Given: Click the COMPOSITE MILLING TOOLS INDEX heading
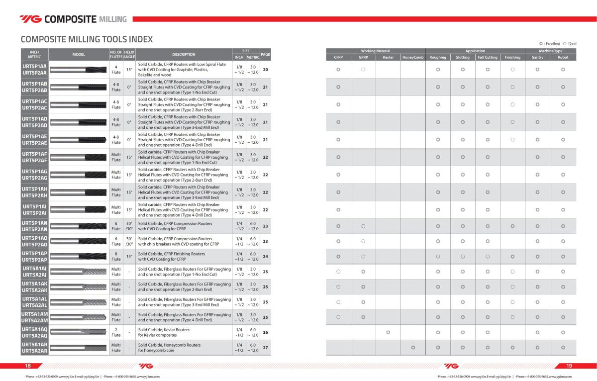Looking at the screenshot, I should tap(87, 39).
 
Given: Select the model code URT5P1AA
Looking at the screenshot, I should tap(34, 66).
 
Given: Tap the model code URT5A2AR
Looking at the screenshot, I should tap(34, 351).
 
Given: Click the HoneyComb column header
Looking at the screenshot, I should tap(413, 57).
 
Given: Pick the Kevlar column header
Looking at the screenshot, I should tap(388, 57).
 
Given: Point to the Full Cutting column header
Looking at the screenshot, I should tap(488, 57).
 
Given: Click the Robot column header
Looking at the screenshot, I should tap(563, 57).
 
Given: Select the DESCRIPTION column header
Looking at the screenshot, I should tap(184, 54).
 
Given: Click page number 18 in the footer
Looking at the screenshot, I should tap(28, 366).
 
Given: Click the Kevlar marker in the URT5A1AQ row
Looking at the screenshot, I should tap(388, 332).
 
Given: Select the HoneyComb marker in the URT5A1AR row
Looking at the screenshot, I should tap(413, 347).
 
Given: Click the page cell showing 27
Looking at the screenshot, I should tap(265, 348).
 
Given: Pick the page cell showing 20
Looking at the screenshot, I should tap(265, 70).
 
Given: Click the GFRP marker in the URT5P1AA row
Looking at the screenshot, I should tap(363, 70).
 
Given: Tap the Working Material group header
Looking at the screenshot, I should tap(376, 51).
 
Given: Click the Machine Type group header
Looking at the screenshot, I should tap(551, 51).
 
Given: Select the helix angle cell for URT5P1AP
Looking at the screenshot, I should tap(129, 257).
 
